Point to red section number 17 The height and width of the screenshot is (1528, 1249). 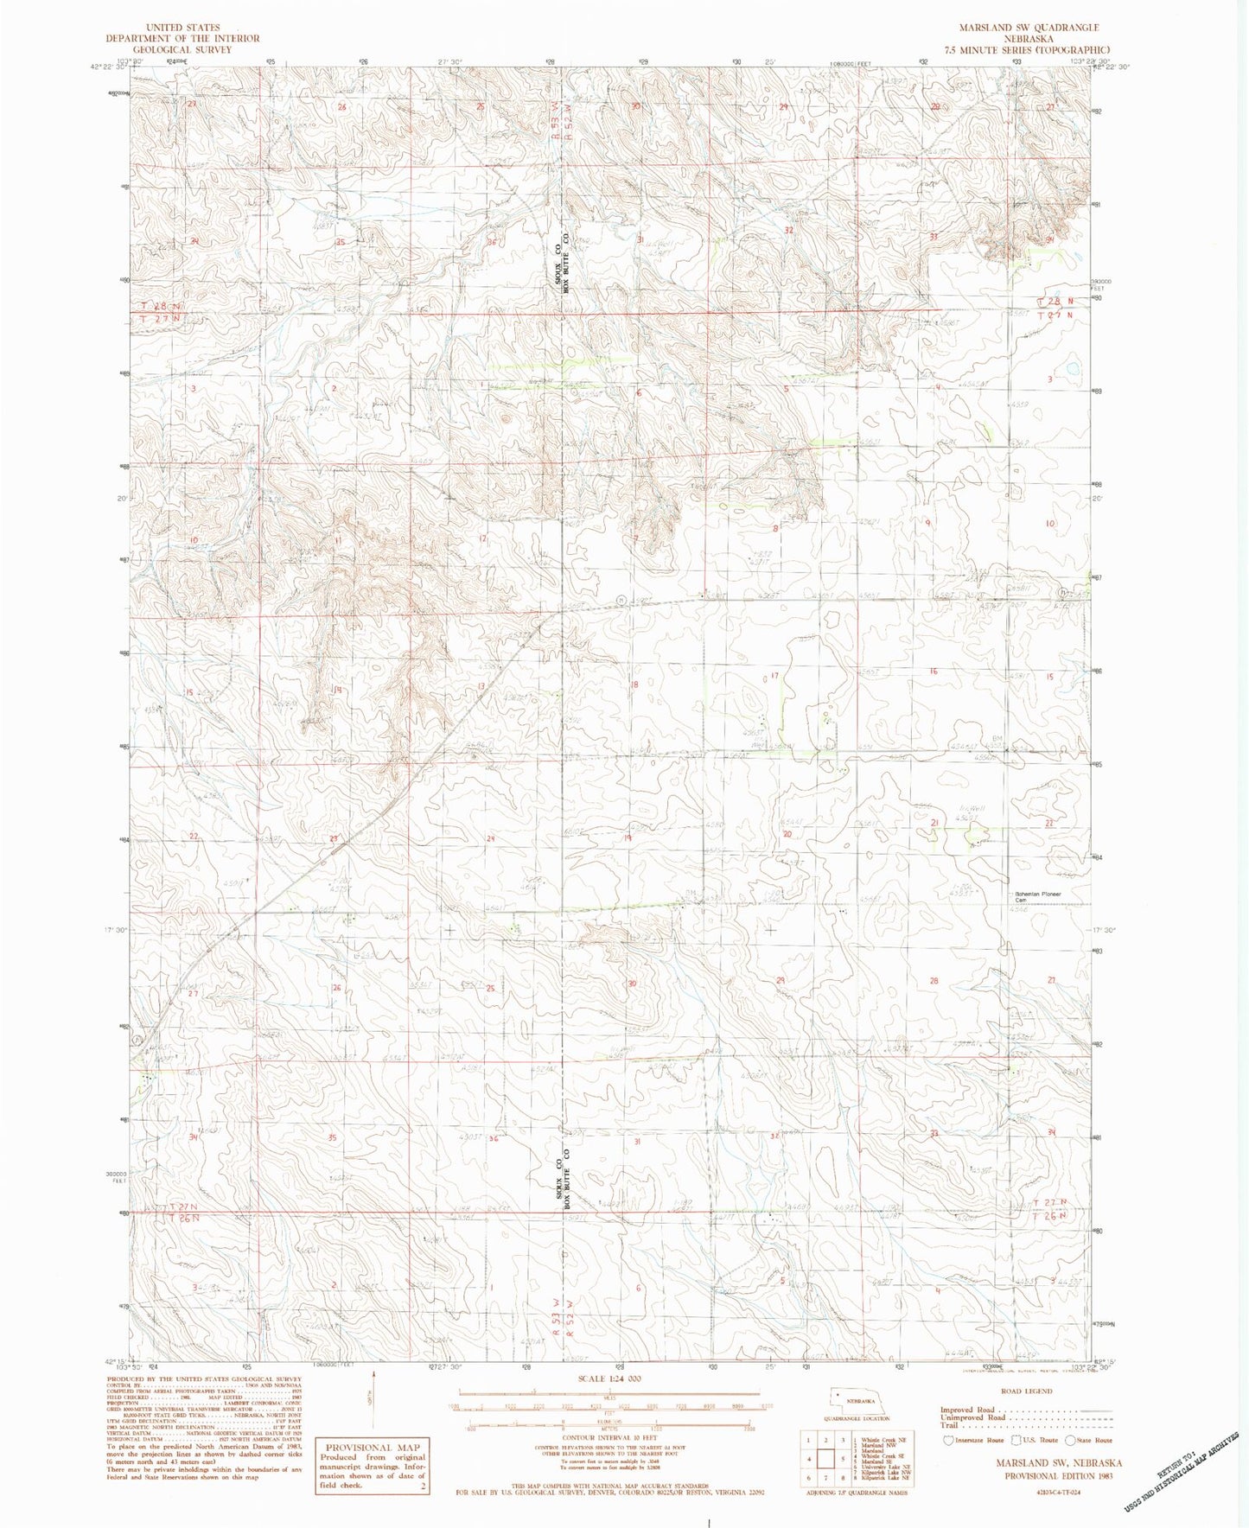(x=774, y=675)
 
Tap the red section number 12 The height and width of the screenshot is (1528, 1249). (x=484, y=538)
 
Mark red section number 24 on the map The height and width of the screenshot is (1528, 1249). (x=490, y=838)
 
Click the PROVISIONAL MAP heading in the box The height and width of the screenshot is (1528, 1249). (x=373, y=1447)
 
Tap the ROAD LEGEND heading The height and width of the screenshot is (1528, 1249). (x=1026, y=1391)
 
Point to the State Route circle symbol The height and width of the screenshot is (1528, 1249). (x=1072, y=1441)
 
